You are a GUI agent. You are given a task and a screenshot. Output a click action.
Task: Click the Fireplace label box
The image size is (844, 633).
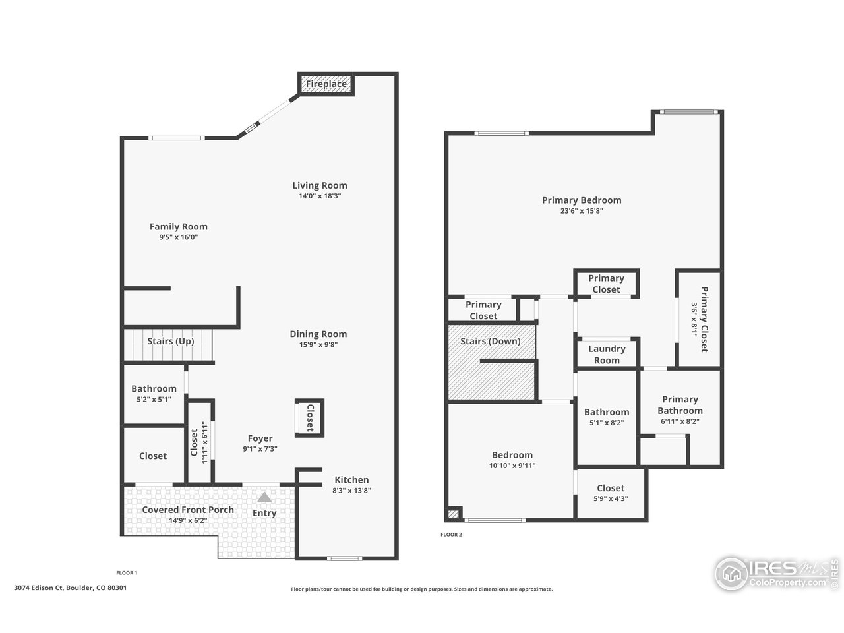(326, 84)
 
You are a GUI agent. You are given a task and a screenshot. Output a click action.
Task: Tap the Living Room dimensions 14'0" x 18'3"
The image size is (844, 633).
(320, 196)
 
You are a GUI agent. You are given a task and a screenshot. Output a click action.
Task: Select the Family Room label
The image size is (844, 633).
(178, 227)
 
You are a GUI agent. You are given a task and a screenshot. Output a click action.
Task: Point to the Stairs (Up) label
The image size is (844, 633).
(170, 341)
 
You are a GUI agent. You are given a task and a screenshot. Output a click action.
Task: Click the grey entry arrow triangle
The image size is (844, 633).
(264, 497)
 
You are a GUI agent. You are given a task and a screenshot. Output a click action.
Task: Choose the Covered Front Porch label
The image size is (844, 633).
(188, 510)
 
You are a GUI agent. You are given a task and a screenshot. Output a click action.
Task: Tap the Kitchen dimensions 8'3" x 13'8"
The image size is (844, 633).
(351, 491)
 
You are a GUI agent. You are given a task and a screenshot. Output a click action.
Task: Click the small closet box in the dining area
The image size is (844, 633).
(309, 417)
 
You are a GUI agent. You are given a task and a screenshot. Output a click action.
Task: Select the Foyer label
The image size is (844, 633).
(260, 438)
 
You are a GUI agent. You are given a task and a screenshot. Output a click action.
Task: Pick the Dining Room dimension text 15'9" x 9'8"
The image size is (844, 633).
(318, 344)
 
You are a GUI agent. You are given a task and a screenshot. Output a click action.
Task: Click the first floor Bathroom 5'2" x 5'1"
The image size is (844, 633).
(154, 394)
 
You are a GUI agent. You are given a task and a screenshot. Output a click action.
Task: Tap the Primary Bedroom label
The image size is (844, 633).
(582, 200)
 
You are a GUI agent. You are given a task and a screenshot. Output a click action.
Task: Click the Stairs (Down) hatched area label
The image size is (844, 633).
(490, 341)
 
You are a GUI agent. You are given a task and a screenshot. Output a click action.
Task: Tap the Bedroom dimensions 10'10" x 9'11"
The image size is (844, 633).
(512, 466)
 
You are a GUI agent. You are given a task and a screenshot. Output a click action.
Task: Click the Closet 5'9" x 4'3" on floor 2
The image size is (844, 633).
(611, 493)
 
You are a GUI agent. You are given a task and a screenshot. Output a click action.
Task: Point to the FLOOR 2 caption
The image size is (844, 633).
(451, 535)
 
